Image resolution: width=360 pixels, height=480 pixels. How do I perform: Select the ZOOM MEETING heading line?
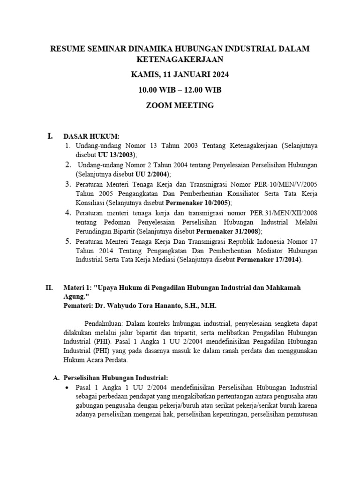click(x=180, y=105)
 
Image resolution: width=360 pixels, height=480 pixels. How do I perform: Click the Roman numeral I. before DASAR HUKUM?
click(x=50, y=136)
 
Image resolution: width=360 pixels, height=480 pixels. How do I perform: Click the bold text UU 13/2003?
click(x=116, y=154)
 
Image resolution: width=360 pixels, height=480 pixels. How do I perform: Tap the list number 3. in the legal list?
click(x=68, y=183)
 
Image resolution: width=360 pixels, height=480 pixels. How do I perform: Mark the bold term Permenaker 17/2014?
click(x=269, y=260)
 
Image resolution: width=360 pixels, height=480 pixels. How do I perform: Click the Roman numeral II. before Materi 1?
click(x=49, y=288)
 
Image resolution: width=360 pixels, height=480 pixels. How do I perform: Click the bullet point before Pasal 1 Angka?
click(x=68, y=388)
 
